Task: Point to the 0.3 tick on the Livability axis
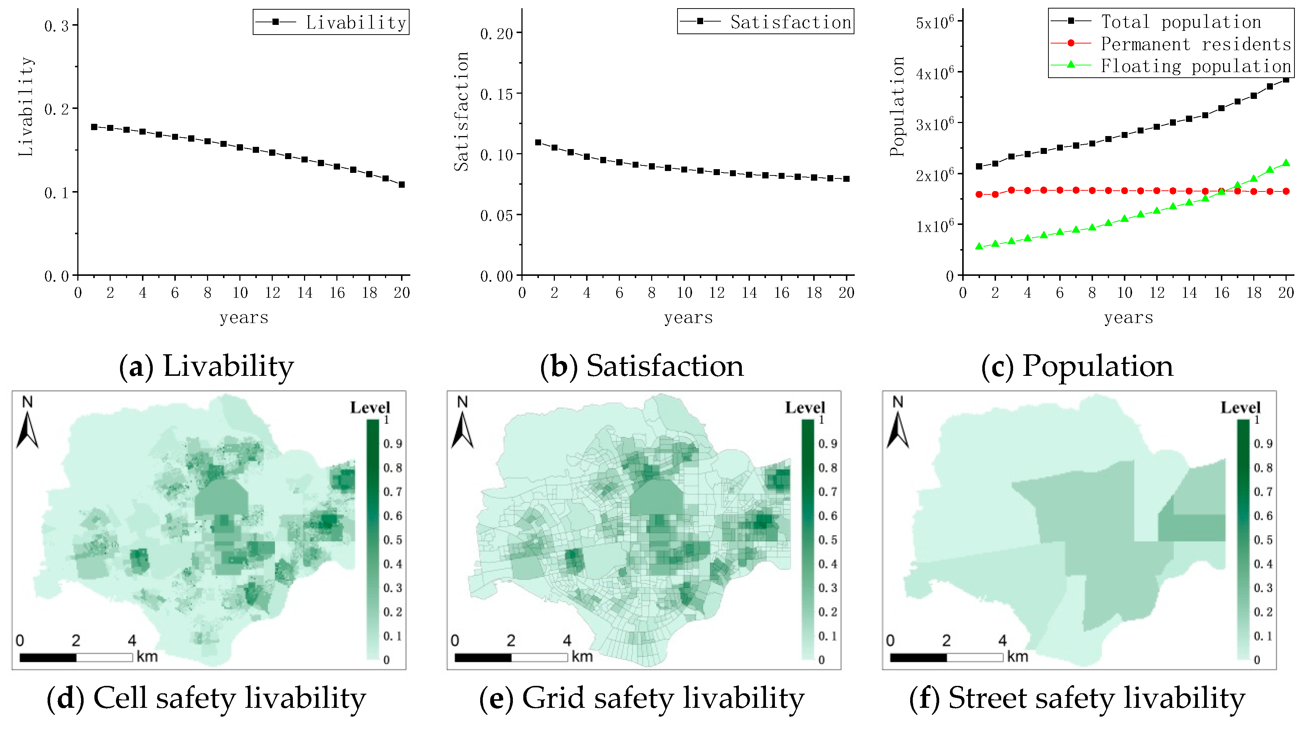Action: [x=56, y=26]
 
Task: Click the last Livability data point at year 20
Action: [x=402, y=185]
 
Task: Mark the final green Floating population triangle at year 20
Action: [x=1286, y=163]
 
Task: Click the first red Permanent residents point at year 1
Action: [x=979, y=194]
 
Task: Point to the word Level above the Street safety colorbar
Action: [x=1240, y=407]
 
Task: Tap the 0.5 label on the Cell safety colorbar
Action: [x=392, y=540]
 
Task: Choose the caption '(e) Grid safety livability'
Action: [x=641, y=698]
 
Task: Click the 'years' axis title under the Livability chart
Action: [x=244, y=318]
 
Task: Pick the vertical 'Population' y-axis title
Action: [x=897, y=106]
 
